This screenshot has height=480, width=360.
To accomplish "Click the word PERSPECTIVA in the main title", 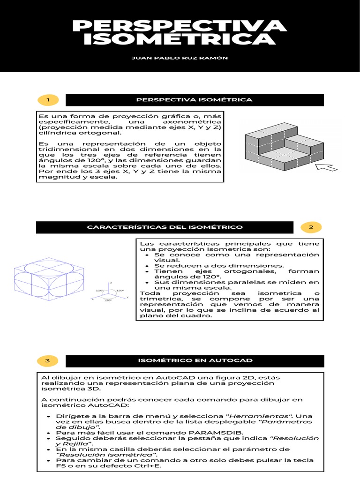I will [180, 26].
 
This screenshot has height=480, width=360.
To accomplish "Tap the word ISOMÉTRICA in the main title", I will [180, 40].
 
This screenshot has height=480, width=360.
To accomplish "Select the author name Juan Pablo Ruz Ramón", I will [180, 58].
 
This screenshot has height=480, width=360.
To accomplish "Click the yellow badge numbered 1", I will [48, 100].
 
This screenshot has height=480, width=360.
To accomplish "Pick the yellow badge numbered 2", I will [310, 227].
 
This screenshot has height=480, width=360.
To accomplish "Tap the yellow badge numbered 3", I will [48, 360].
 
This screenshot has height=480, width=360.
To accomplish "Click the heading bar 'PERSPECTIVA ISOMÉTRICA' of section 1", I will [194, 100].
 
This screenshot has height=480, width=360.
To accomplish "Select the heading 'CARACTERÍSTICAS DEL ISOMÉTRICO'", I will [165, 227].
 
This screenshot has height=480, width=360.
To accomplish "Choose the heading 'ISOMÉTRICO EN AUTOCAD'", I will [194, 360].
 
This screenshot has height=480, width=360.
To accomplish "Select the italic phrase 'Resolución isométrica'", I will [107, 454].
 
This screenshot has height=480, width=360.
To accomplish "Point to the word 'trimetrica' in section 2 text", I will [157, 299].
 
